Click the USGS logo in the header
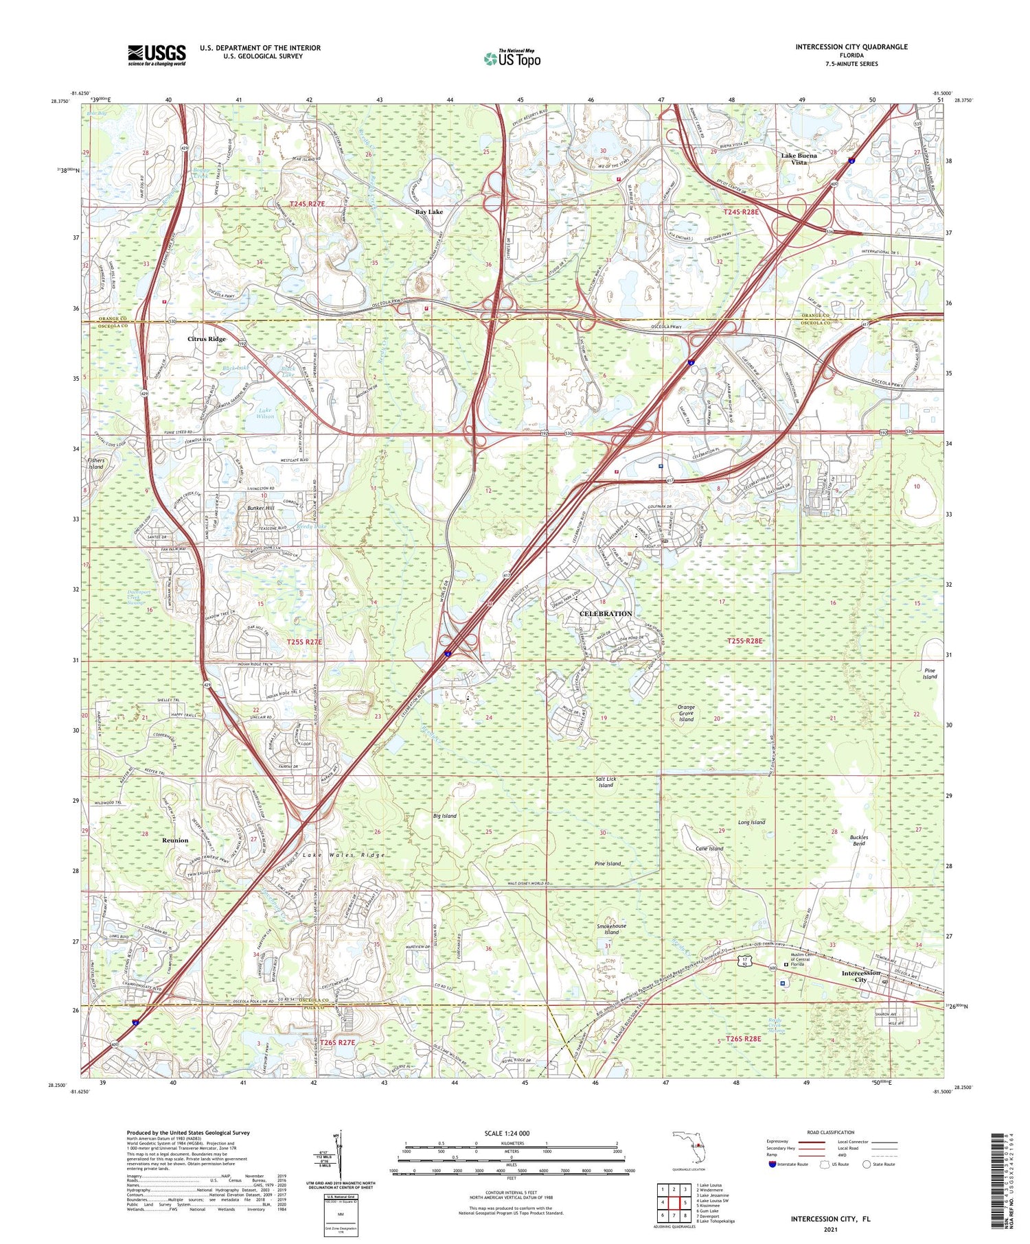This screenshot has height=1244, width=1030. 157,55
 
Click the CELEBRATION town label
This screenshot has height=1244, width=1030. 606,613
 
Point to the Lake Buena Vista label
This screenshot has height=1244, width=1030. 799,159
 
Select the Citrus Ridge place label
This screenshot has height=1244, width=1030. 207,339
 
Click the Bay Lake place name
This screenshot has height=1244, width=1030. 428,212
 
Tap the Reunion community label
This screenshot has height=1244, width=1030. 175,840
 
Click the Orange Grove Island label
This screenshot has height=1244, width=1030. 686,713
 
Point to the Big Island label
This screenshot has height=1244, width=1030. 445,816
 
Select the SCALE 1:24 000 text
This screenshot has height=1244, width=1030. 507,1133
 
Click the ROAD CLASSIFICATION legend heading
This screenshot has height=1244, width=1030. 826,1132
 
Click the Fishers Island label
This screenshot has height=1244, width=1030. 95,462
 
